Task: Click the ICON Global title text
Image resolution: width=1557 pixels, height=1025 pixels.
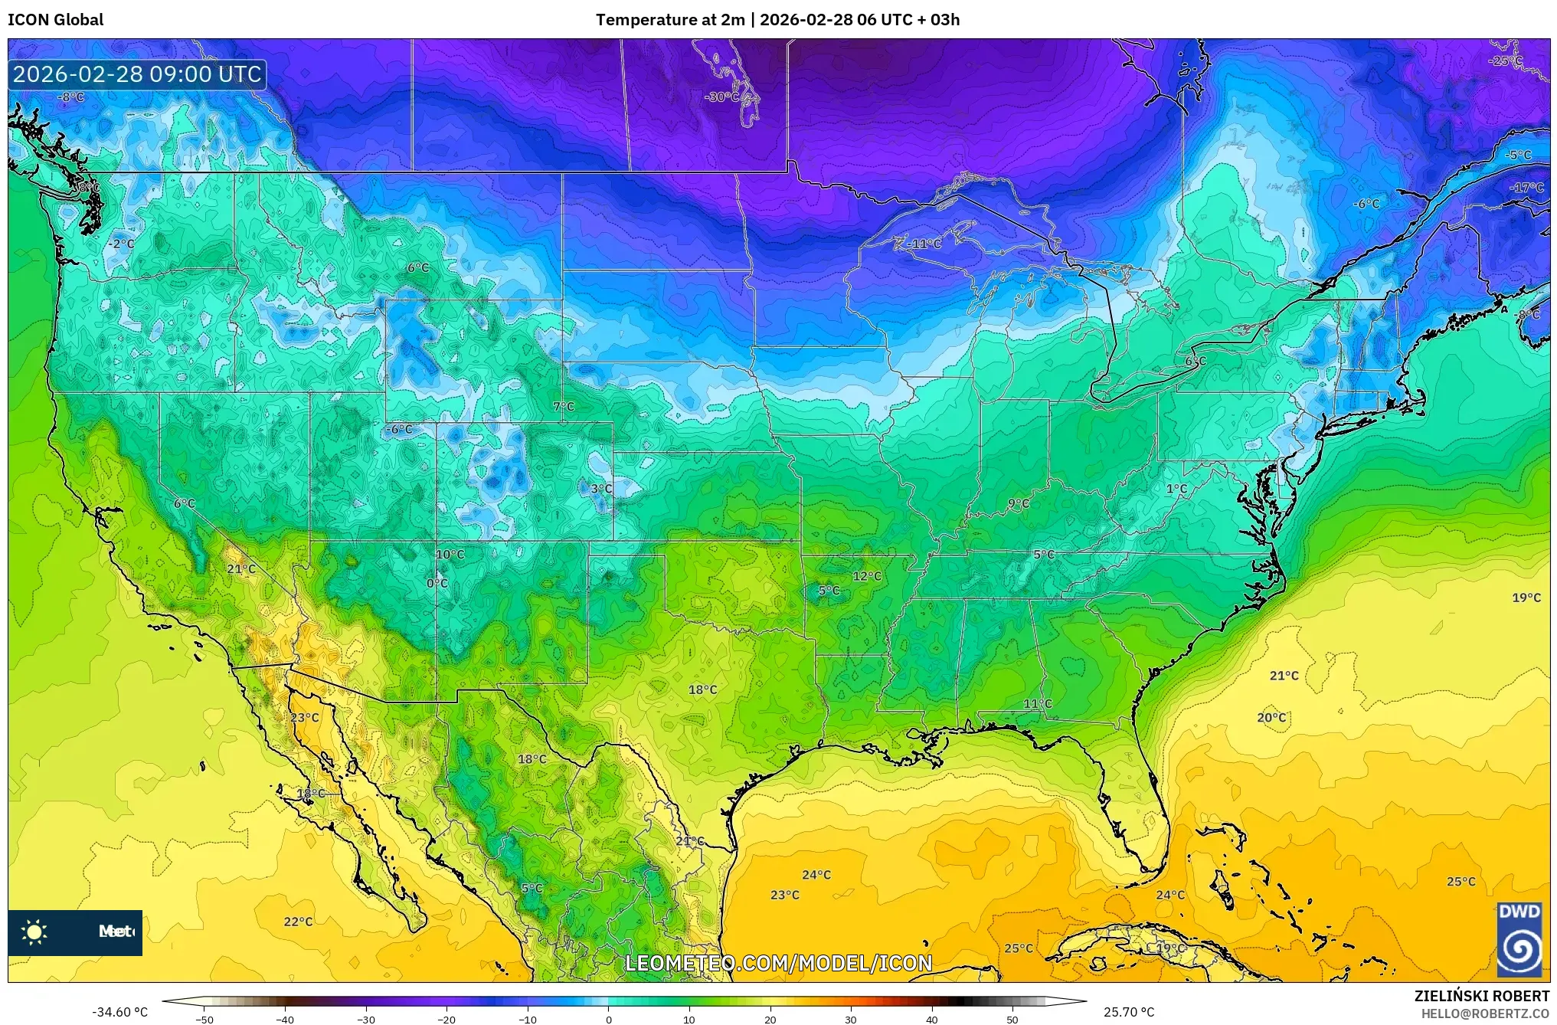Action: pos(55,20)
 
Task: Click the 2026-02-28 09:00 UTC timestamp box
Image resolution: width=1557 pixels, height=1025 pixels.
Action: pos(138,74)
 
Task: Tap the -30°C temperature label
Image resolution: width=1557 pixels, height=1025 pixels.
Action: pos(722,97)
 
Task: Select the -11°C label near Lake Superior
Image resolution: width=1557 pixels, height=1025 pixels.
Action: pos(924,244)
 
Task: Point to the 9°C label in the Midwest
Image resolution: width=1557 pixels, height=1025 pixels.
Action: pos(1019,503)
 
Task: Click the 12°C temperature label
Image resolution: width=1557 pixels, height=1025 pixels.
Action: pos(867,576)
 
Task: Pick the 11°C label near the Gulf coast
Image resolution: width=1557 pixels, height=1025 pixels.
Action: pos(1038,703)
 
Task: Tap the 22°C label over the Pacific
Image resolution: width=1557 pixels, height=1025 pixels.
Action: pos(298,922)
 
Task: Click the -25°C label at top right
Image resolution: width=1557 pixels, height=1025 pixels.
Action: pos(1505,61)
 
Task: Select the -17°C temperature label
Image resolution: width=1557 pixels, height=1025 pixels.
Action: pos(1526,188)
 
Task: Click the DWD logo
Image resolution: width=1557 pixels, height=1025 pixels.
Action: pos(1519,939)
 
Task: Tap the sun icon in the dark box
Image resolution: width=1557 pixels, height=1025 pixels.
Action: pos(34,932)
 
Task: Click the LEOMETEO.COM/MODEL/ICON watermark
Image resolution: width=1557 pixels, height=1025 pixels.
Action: pos(778,963)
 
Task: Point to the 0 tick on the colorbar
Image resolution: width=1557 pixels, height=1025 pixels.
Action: pos(609,1020)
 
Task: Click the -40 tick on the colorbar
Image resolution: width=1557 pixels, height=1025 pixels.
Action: pos(285,1020)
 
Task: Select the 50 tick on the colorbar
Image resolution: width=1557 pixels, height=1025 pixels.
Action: pos(1012,1020)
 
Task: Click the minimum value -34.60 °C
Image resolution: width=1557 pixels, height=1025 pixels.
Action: pos(120,1012)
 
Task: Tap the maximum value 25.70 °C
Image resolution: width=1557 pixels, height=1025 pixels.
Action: pos(1128,1012)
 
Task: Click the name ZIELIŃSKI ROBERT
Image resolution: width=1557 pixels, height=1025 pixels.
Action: pos(1481,996)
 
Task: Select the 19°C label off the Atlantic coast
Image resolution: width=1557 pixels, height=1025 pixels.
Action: pos(1526,598)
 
